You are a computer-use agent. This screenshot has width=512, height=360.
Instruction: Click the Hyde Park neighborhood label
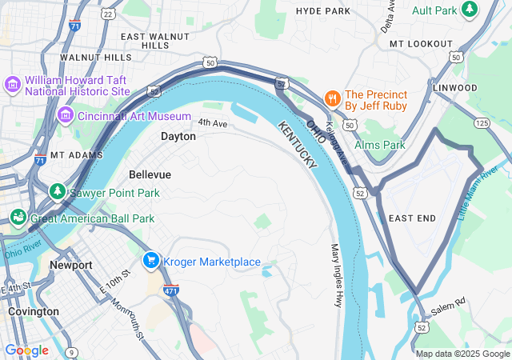click(x=323, y=11)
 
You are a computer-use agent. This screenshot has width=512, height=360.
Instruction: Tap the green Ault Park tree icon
click(x=470, y=10)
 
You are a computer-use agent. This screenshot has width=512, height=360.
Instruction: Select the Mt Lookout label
click(x=421, y=43)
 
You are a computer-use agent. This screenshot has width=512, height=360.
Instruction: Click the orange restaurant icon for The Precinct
click(x=331, y=98)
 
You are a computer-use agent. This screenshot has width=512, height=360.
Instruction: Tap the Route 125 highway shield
click(x=482, y=122)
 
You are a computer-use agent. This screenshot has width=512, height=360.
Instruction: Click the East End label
click(x=412, y=218)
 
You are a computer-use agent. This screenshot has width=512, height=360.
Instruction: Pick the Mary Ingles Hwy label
click(x=337, y=275)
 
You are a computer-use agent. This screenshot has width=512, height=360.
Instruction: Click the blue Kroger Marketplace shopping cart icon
click(x=150, y=262)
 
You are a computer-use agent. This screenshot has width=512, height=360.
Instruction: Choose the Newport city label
click(x=70, y=265)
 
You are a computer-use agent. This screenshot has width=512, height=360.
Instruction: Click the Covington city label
click(x=33, y=311)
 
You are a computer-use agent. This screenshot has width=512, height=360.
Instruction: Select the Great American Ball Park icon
click(x=18, y=218)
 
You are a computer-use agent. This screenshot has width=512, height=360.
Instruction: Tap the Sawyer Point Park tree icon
click(x=58, y=192)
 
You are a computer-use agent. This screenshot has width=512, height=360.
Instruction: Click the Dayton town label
click(x=178, y=137)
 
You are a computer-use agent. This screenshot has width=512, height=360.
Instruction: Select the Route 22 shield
click(x=108, y=14)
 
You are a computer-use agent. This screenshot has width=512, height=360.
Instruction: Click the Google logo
click(x=26, y=350)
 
